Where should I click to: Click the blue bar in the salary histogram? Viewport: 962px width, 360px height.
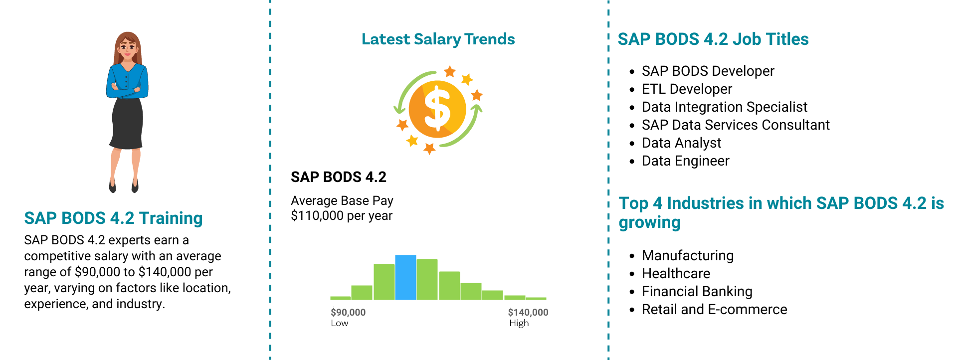[x=405, y=277]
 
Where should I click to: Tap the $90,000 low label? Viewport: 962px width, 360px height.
[x=348, y=313]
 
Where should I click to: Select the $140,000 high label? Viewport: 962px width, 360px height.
[x=528, y=313]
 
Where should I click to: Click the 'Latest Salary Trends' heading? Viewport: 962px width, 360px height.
[x=438, y=39]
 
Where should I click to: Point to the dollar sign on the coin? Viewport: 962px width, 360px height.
[x=437, y=109]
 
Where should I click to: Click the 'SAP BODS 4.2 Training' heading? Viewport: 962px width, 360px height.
[x=113, y=218]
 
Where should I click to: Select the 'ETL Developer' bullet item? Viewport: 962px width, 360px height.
[x=687, y=89]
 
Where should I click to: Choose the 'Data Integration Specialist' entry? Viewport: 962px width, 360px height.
[x=724, y=107]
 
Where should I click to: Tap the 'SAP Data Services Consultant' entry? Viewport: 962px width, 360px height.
[x=736, y=125]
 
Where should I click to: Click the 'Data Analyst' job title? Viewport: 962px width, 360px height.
[x=681, y=143]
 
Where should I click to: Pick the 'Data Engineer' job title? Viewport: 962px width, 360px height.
[x=685, y=161]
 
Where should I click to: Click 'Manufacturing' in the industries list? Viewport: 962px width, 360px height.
[x=688, y=256]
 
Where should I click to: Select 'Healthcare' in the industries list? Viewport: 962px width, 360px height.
[x=676, y=273]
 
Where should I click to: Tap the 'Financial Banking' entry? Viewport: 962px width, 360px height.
[x=697, y=291]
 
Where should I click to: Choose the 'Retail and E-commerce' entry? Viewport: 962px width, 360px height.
[x=714, y=309]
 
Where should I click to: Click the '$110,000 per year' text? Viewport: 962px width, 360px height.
[x=342, y=216]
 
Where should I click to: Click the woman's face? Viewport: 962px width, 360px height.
[x=128, y=49]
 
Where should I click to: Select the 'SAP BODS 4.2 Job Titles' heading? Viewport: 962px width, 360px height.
[x=713, y=39]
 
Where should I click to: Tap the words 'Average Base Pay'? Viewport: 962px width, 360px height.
[x=342, y=200]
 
